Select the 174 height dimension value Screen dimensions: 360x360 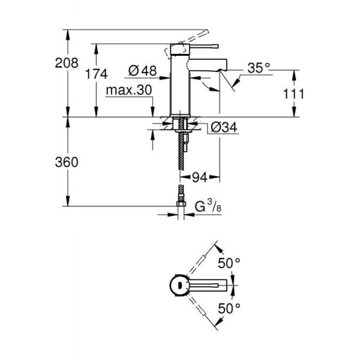(x=97, y=74)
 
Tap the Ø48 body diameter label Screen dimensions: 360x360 (x=142, y=71)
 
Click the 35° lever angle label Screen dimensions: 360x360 (x=259, y=68)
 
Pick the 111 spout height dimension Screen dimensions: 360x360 (x=295, y=94)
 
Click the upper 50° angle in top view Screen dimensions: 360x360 (x=229, y=262)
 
